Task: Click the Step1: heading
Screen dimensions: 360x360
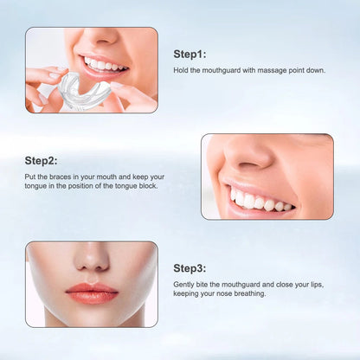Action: click(x=190, y=53)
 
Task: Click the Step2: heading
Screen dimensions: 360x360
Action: click(x=41, y=160)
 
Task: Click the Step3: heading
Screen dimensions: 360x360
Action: click(x=190, y=268)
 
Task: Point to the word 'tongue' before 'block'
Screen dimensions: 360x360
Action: click(x=133, y=187)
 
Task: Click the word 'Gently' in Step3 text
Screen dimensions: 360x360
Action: click(x=184, y=285)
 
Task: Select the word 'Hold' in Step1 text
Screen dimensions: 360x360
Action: click(x=181, y=70)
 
